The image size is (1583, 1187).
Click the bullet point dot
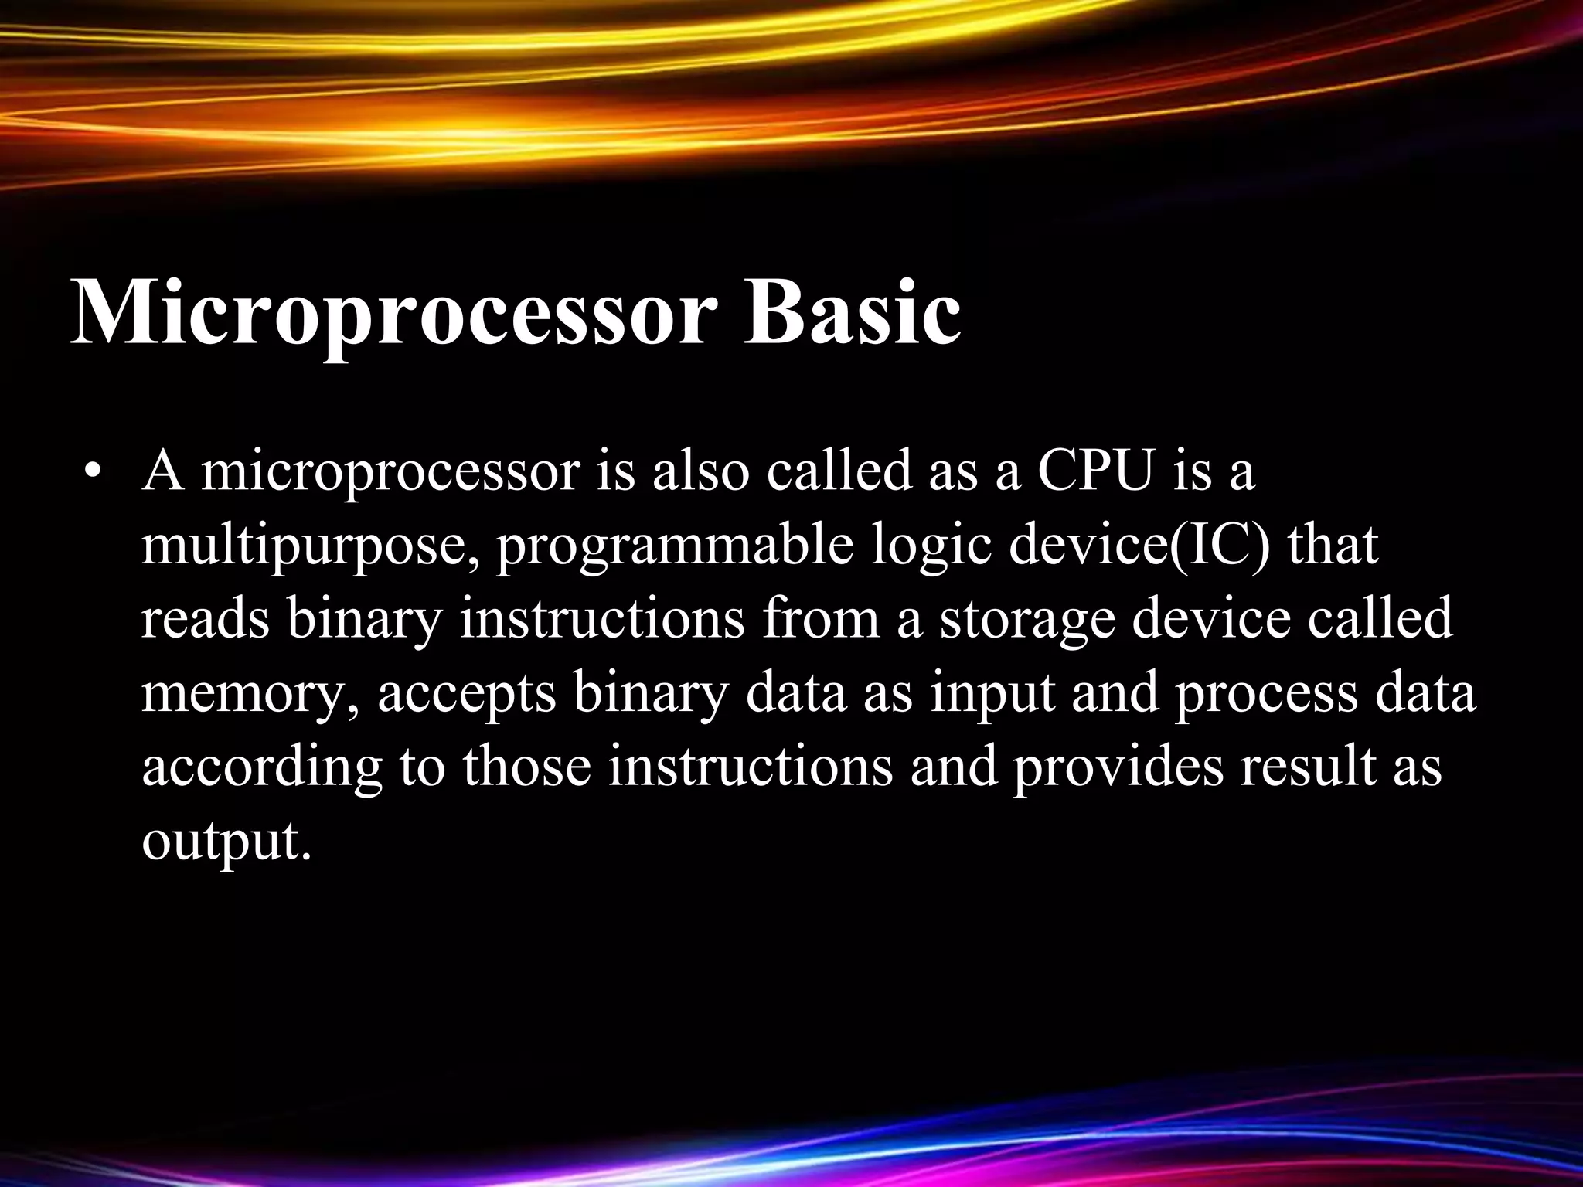(93, 473)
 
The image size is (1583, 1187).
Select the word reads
(206, 618)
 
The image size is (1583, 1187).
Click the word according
(263, 769)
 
